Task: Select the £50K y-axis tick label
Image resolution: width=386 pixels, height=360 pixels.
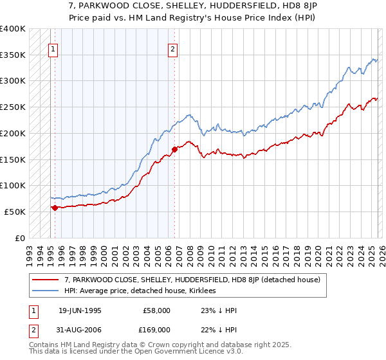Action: tap(15, 212)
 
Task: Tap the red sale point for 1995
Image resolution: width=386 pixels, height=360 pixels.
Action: tap(55, 208)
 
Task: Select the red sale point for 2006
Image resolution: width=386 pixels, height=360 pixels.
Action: tap(174, 149)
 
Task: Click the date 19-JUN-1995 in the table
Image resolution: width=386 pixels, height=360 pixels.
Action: tap(79, 310)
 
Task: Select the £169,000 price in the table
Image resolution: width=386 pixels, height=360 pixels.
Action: tap(156, 330)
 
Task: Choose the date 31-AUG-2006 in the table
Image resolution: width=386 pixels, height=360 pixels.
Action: tap(79, 330)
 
